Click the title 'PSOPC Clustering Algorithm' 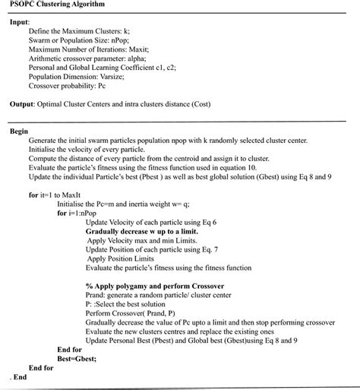click(53, 5)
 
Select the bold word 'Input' click(19, 22)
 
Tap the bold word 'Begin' click(19, 132)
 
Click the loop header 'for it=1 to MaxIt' click(61, 195)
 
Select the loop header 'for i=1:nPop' click(81, 214)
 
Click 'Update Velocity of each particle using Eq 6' click(151, 222)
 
